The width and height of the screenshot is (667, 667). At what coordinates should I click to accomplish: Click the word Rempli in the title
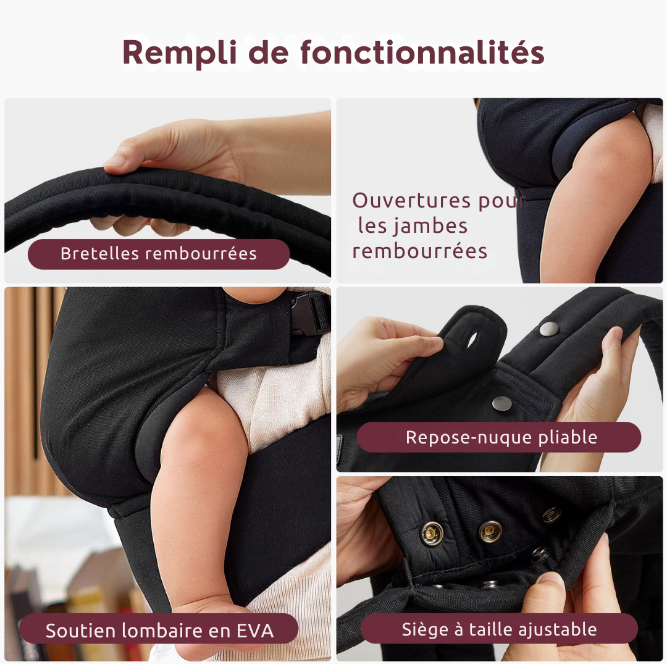(x=179, y=52)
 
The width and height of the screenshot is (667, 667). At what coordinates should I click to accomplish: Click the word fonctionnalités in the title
(x=422, y=52)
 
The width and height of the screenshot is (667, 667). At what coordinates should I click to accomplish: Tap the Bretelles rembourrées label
(x=159, y=254)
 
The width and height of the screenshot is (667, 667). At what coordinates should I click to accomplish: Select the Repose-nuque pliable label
(x=498, y=437)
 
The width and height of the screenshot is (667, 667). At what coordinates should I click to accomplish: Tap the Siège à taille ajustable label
(x=499, y=629)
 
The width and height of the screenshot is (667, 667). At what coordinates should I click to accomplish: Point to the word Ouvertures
(x=411, y=200)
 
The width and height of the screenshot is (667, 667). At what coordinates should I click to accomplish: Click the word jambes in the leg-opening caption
(x=429, y=226)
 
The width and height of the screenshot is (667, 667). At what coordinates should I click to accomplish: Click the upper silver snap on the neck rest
(x=549, y=329)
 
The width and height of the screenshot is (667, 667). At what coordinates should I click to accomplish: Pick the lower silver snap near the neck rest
(x=502, y=404)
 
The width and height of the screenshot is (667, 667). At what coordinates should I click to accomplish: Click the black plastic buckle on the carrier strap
(x=309, y=314)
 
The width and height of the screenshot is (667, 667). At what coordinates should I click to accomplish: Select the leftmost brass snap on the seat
(x=432, y=534)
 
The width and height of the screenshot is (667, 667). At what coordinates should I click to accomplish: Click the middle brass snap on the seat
(x=490, y=531)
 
